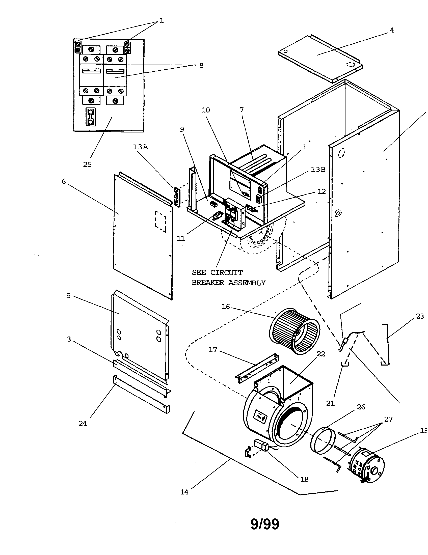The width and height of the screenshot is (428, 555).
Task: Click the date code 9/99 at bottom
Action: (x=264, y=524)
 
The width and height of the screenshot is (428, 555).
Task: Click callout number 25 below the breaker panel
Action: (x=87, y=164)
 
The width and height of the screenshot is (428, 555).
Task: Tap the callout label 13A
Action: (x=141, y=147)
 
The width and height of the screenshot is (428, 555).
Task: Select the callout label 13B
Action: (x=318, y=170)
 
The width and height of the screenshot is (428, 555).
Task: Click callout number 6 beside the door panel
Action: (x=64, y=181)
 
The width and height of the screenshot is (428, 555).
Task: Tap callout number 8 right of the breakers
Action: (x=201, y=66)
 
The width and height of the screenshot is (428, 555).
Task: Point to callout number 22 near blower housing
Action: (x=321, y=354)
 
